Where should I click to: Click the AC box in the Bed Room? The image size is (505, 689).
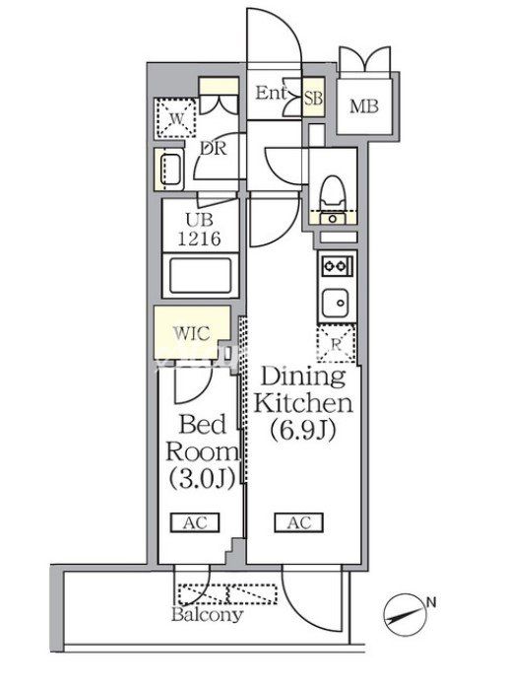195,522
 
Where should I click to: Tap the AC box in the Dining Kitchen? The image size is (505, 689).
299,522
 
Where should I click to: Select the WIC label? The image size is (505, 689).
191,333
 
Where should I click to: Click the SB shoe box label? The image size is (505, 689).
313,98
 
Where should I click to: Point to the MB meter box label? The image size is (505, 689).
363,106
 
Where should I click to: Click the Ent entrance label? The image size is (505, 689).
271,93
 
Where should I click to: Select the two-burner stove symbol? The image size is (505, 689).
338,265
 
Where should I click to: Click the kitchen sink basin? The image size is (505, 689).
337,303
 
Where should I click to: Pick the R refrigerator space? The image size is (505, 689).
336,344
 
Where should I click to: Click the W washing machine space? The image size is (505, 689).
175,118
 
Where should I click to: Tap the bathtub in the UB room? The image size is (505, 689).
201,276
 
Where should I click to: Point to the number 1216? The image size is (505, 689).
199,239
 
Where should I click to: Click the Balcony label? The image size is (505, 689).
207,614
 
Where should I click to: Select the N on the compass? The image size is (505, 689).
432,602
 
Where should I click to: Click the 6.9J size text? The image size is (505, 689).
303,430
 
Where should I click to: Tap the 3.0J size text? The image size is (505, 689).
202,478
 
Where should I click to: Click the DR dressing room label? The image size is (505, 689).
214,149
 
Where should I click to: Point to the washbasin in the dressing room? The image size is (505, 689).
169,170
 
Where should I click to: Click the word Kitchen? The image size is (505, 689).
303,403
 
